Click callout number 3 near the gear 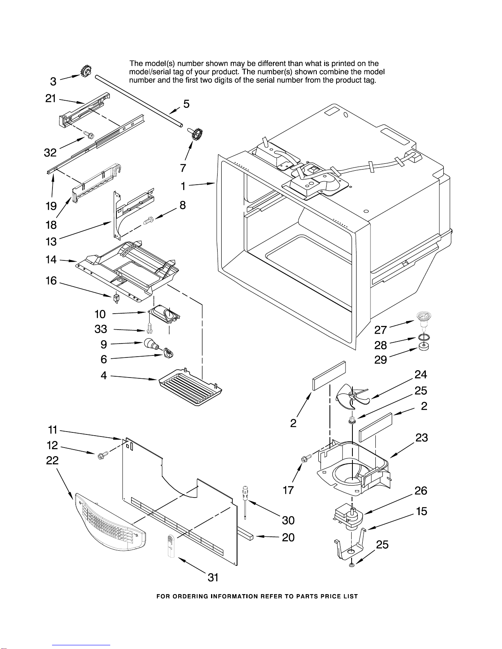coord(53,81)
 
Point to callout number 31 coord(213,577)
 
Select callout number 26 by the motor coord(421,491)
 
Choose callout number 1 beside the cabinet coord(183,186)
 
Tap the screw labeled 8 coord(148,221)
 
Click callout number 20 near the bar coord(288,537)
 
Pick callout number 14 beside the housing coord(51,259)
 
